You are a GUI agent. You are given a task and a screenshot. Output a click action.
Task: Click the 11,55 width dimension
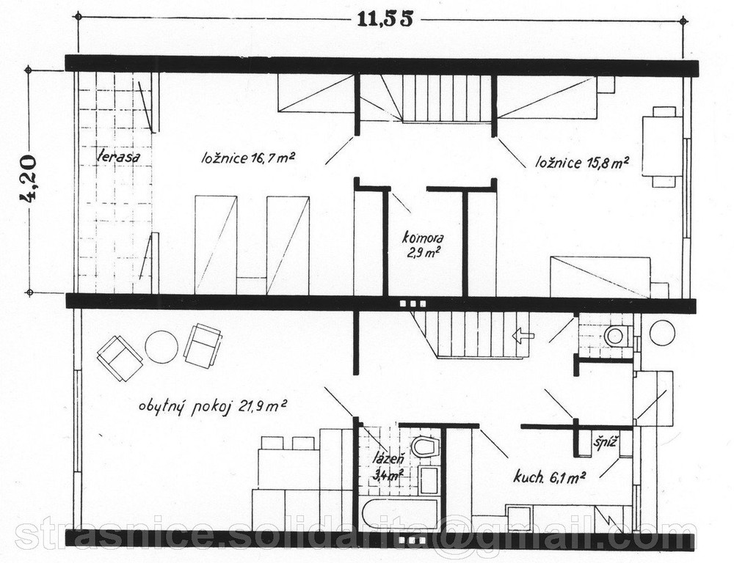coord(385,20)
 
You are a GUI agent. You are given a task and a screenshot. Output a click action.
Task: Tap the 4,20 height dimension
coord(28,177)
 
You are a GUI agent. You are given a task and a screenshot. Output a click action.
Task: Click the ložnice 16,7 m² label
coord(247,158)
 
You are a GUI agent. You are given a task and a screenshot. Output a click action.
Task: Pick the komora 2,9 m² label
coord(424,245)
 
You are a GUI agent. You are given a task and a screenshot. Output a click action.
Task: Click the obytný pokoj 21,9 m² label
coord(213,406)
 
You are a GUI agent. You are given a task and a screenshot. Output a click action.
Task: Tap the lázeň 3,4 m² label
coord(388,468)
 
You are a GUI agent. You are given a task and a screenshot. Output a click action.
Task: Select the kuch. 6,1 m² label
coord(550,477)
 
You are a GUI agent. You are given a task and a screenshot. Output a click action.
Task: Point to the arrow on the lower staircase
coord(523,335)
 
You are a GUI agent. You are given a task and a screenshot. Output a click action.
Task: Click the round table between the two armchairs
coord(161,347)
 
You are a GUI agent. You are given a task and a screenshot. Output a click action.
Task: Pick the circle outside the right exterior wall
coord(662,333)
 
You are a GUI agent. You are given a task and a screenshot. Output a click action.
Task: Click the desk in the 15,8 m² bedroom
coord(662,146)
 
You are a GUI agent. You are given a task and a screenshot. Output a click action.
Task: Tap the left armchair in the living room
coord(120,358)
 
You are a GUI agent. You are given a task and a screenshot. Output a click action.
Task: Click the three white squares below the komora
coord(413,303)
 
